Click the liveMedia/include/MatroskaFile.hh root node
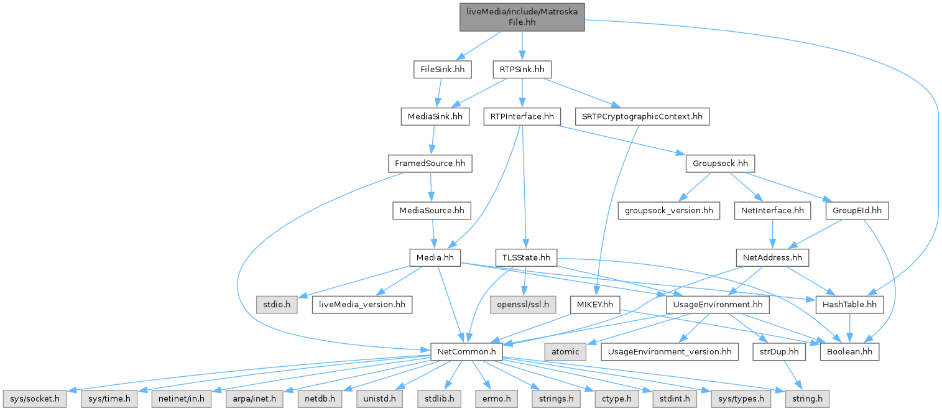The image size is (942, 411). click(x=522, y=16)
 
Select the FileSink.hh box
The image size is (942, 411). click(x=442, y=69)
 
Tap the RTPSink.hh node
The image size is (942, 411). click(x=522, y=69)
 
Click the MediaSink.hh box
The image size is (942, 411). click(x=434, y=116)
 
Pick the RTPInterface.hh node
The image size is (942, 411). click(x=522, y=116)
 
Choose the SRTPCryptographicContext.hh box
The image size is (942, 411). click(x=642, y=116)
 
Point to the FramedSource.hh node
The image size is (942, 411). click(x=430, y=164)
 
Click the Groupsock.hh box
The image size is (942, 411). click(x=719, y=164)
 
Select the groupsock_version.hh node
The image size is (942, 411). click(x=668, y=211)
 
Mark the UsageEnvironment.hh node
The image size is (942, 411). click(x=718, y=305)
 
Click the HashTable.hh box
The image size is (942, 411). click(x=849, y=305)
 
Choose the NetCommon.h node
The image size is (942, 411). click(x=466, y=352)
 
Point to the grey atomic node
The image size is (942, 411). click(x=565, y=352)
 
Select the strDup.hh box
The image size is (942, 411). click(x=778, y=352)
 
